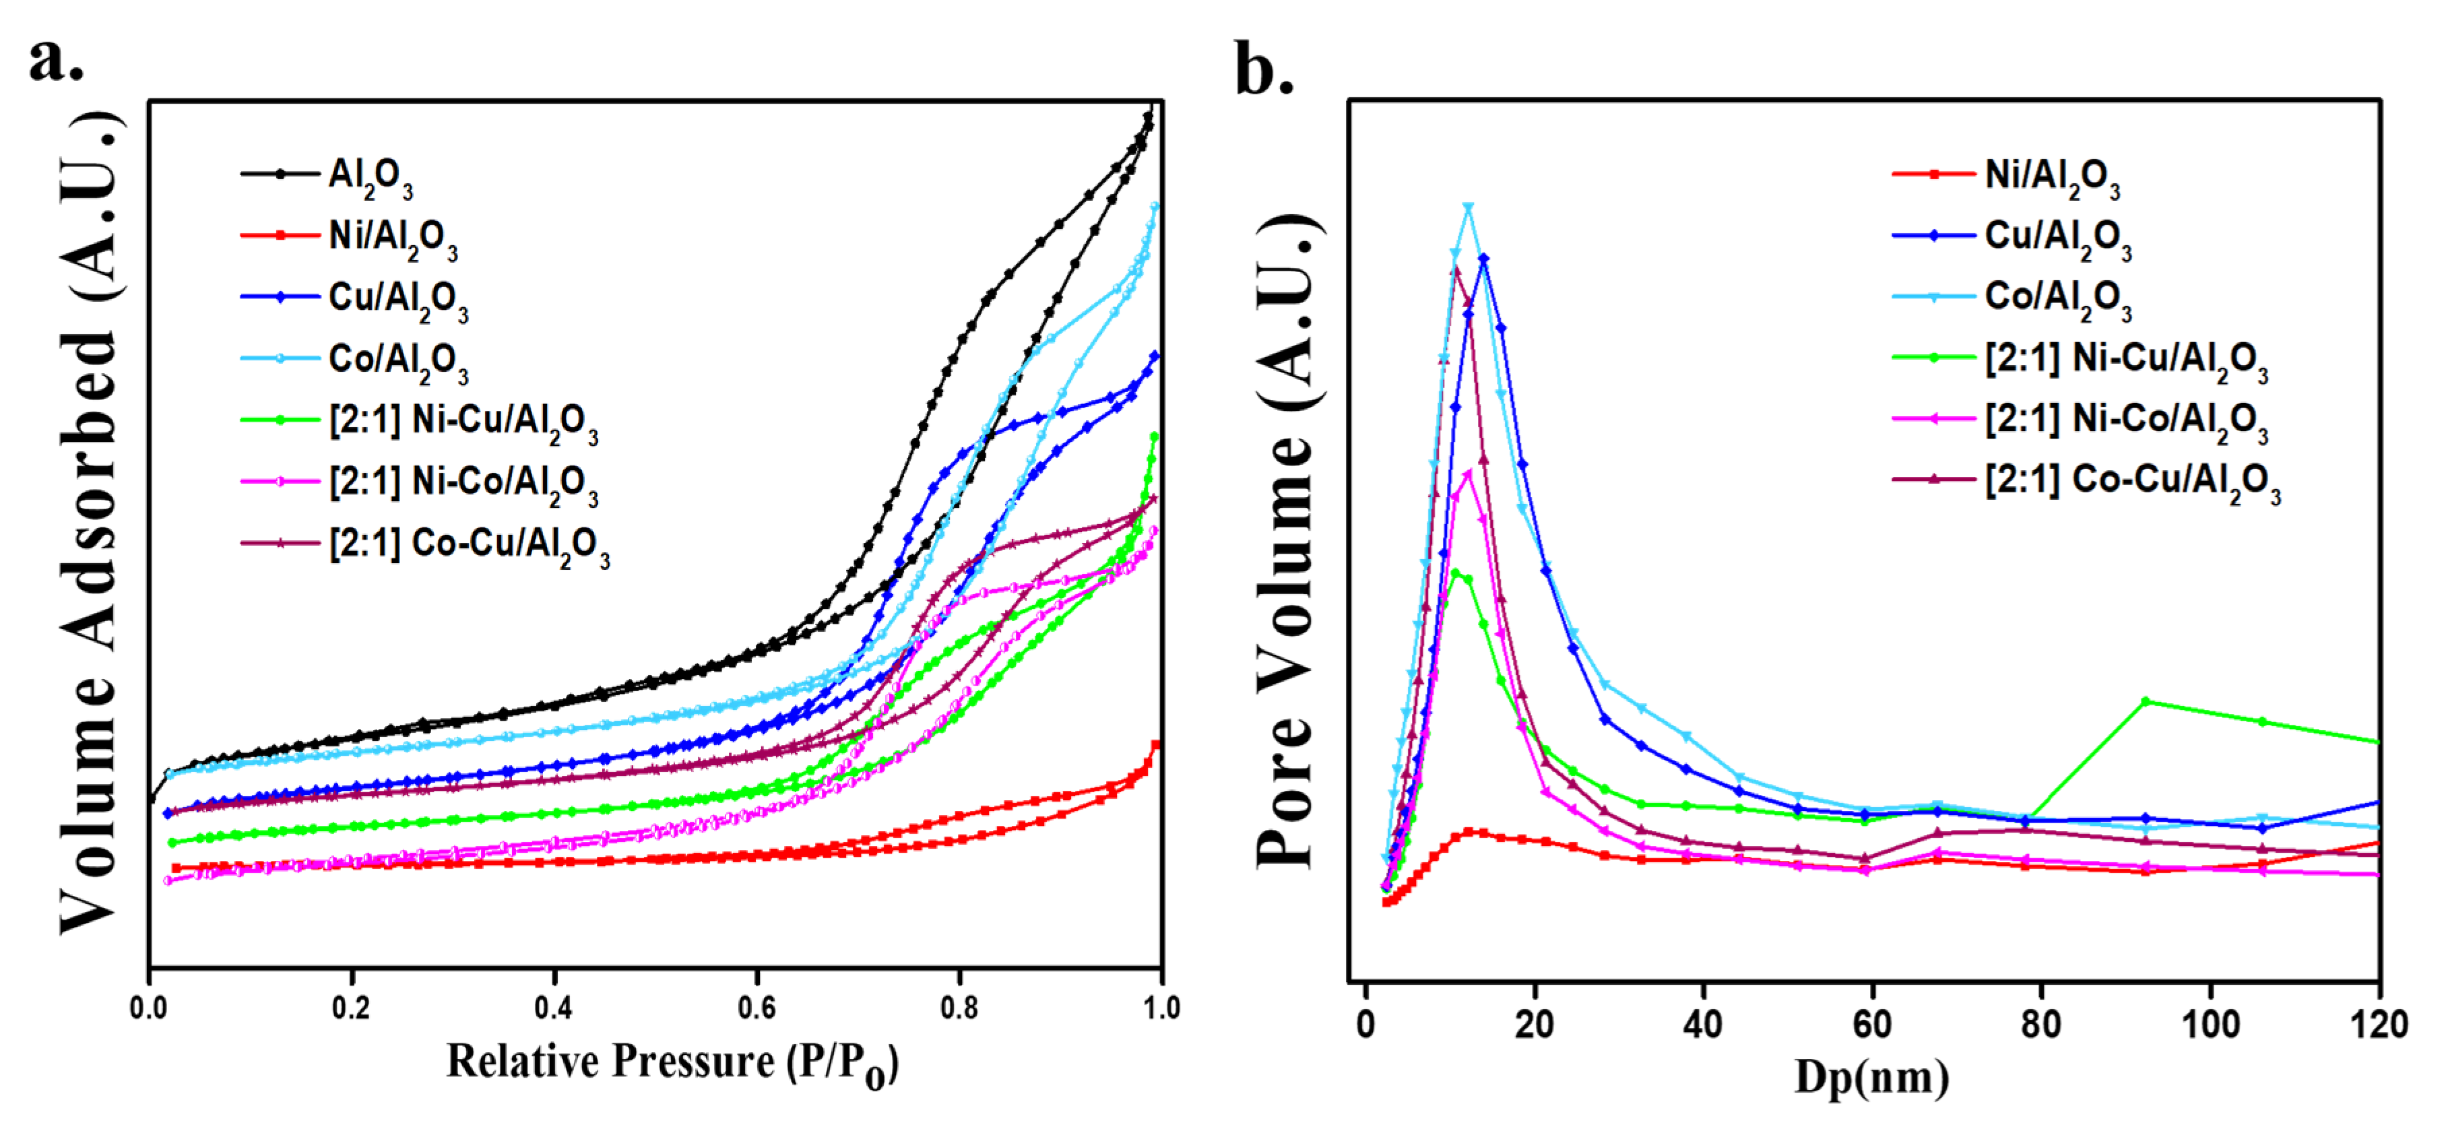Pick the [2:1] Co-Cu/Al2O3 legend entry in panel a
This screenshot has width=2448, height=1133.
468,546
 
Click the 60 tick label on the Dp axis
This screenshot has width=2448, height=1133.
1871,1025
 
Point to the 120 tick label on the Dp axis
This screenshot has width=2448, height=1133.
2378,1025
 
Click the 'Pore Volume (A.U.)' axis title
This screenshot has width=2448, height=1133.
1288,542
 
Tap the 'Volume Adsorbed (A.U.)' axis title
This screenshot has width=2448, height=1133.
90,523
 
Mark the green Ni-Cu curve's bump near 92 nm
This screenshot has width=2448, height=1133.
2145,701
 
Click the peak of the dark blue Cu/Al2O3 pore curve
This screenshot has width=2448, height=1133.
1483,257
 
